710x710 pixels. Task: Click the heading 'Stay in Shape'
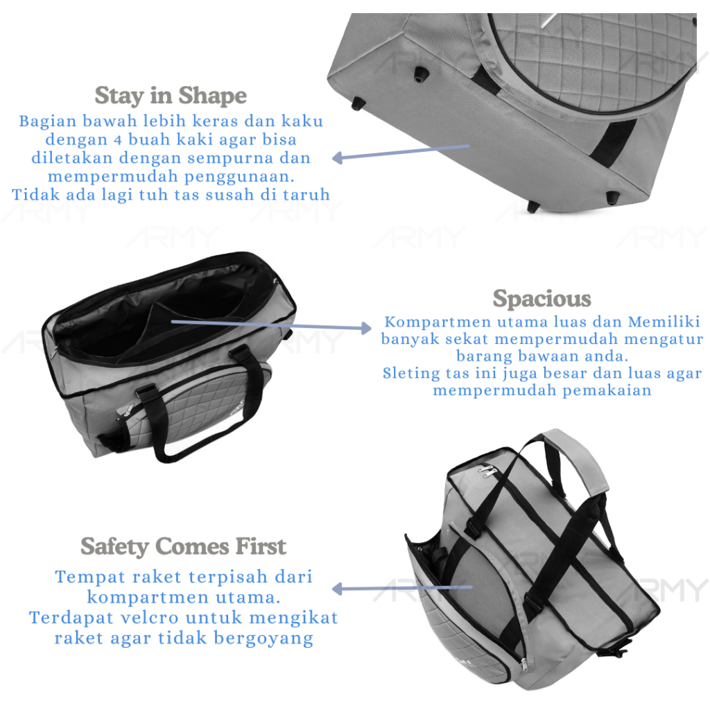coord(171,95)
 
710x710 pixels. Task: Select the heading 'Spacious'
coord(542,299)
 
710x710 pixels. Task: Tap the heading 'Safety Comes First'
coord(183,546)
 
